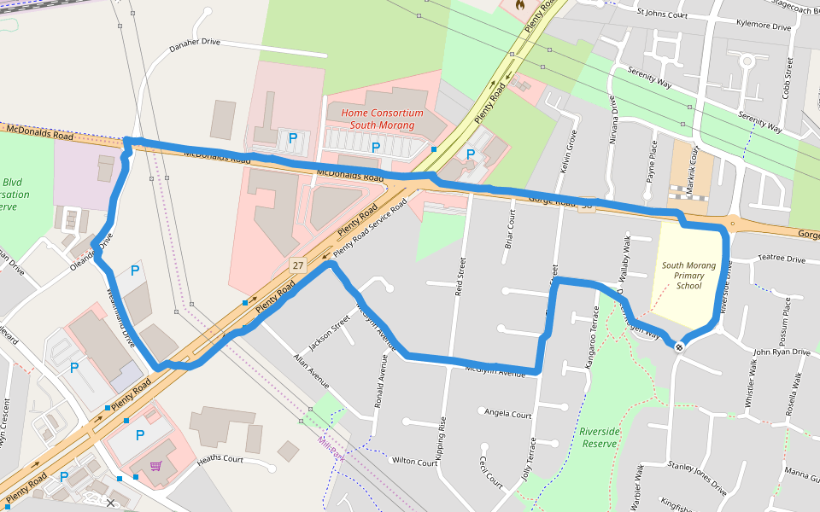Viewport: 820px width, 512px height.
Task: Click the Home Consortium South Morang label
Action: (382, 119)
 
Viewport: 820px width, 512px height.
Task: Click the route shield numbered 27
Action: (296, 265)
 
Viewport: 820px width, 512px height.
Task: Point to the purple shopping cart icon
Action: (155, 466)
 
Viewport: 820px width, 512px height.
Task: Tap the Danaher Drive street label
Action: (194, 44)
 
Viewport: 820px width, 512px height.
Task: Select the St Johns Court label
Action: (662, 15)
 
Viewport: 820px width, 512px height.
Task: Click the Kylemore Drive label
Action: (758, 26)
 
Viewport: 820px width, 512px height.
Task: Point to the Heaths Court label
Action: (220, 460)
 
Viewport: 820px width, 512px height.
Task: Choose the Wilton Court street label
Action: (414, 461)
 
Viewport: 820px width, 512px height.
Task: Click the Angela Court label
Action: (507, 414)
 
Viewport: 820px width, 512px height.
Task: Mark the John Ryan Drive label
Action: (781, 352)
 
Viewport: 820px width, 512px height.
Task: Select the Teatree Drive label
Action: (781, 259)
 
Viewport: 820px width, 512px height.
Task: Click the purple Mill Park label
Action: (331, 449)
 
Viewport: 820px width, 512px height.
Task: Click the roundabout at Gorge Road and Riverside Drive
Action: (731, 224)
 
